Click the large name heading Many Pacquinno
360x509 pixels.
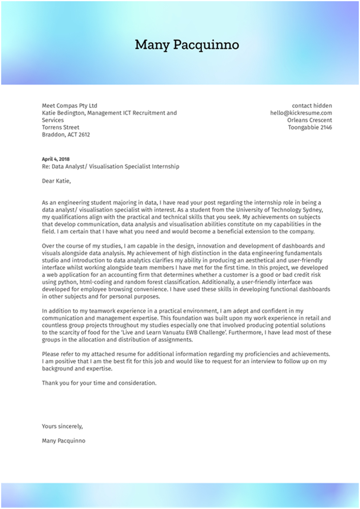(x=187, y=45)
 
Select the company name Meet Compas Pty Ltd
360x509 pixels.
(x=69, y=106)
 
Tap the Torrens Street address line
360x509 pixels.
(x=60, y=127)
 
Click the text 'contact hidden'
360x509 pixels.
(x=312, y=106)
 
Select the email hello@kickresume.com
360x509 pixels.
(x=301, y=113)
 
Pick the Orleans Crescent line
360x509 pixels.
(x=309, y=120)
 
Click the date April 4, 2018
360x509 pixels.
(x=56, y=159)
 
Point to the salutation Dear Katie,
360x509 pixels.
(x=56, y=181)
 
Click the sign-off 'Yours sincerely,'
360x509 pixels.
(x=62, y=426)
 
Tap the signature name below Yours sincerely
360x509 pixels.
(x=63, y=441)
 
